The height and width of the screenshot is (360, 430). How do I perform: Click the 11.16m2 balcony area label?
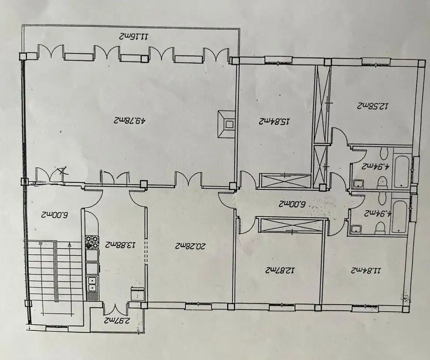[134, 36]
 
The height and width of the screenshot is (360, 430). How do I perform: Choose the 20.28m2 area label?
[190, 246]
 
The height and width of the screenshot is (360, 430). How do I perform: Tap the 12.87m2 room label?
[280, 270]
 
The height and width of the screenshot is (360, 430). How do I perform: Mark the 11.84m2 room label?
[366, 271]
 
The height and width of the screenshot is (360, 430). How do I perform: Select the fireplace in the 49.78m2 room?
[227, 124]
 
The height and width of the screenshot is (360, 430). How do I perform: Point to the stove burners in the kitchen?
[91, 242]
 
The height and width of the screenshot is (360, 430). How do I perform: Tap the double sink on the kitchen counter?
[92, 284]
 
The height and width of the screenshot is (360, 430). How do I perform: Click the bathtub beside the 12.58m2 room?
[402, 171]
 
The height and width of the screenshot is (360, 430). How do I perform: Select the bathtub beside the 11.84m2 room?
[399, 217]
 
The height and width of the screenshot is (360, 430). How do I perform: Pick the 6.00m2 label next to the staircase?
[54, 214]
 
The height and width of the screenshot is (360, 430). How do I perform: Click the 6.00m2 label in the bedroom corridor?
[292, 204]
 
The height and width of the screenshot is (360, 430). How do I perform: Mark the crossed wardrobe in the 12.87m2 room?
[292, 225]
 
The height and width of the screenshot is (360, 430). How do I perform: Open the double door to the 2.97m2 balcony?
[115, 308]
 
